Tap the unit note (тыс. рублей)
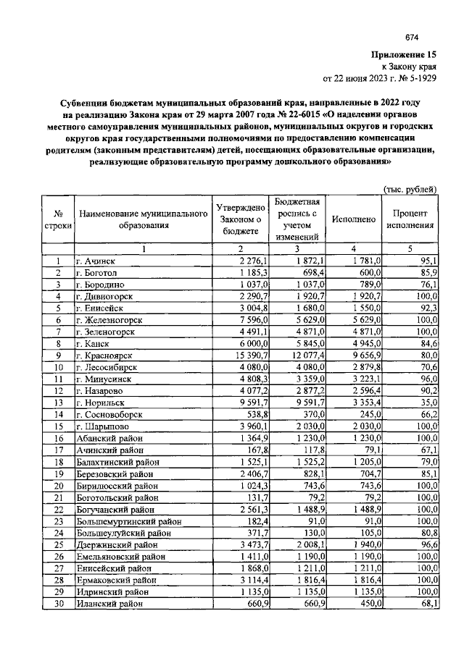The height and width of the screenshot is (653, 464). tap(409, 190)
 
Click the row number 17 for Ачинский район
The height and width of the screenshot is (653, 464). tap(58, 450)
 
